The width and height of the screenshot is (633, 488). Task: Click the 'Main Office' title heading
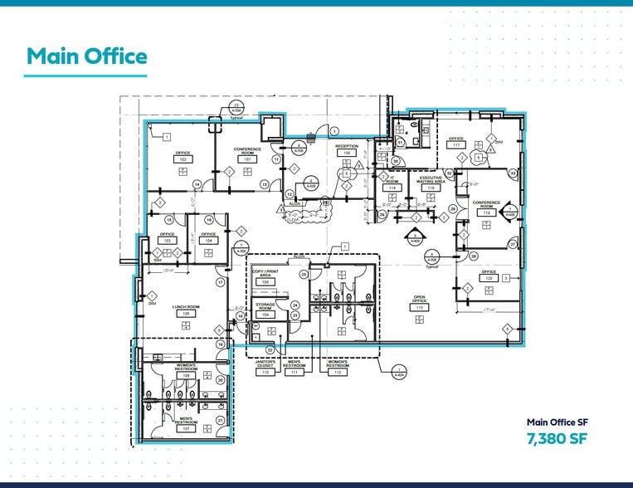[x=87, y=56]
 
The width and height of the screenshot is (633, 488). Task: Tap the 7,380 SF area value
[x=556, y=438]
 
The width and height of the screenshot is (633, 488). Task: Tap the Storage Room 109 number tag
[x=266, y=315]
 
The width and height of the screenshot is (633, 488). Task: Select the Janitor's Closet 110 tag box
[x=265, y=372]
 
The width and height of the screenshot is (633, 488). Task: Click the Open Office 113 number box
[x=420, y=307]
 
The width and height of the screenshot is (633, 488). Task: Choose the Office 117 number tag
[x=455, y=144]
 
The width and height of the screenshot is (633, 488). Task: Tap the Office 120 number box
[x=489, y=278]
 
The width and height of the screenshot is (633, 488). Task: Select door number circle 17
[x=221, y=283]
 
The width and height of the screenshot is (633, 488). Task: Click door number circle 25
[x=304, y=274]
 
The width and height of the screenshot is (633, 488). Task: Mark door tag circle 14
[x=197, y=184]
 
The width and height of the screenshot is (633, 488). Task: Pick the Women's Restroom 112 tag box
[x=337, y=372]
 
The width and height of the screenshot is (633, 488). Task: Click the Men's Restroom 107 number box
[x=187, y=429]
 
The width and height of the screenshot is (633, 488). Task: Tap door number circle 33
[x=513, y=173]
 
